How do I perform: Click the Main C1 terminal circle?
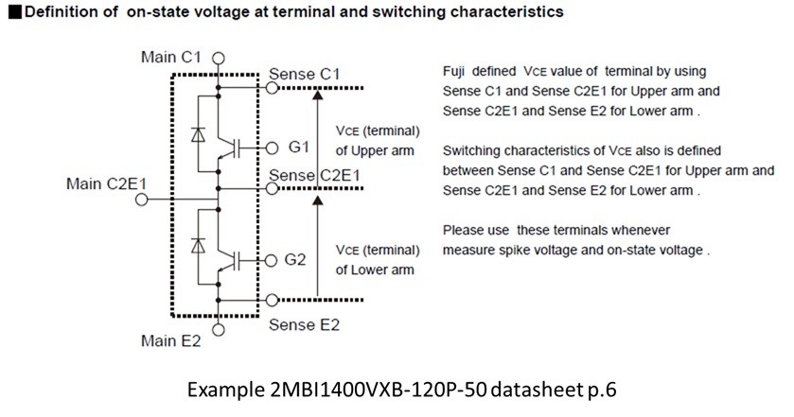(219, 59)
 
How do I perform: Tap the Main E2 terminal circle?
(219, 330)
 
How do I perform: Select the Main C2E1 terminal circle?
(142, 200)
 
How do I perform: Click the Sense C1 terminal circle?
(273, 88)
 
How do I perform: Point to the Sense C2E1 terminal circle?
(273, 189)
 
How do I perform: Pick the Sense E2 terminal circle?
(273, 300)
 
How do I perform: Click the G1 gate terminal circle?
(273, 148)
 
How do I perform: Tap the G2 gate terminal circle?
(272, 260)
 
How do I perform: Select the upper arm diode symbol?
(198, 134)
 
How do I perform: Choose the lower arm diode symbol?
(198, 246)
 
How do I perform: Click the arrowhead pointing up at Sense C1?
(317, 95)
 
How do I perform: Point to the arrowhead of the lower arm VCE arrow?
(317, 200)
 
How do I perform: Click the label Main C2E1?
(106, 183)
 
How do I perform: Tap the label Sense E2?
(304, 324)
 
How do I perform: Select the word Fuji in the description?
(453, 72)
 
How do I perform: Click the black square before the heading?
(15, 12)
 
